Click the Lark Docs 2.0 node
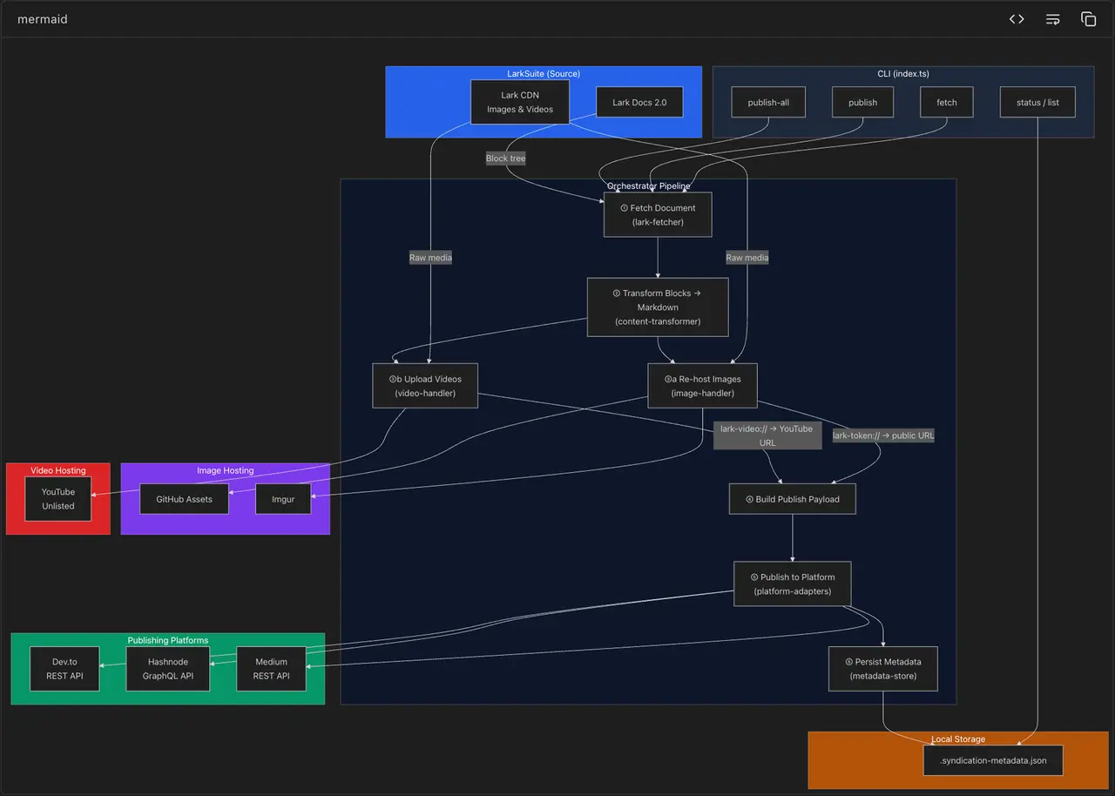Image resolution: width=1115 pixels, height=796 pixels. click(x=639, y=102)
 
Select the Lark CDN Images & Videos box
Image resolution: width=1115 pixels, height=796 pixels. click(x=519, y=102)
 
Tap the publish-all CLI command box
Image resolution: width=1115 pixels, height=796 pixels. click(x=768, y=102)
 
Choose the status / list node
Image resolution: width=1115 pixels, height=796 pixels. click(x=1037, y=102)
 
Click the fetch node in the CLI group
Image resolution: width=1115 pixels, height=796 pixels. click(x=946, y=102)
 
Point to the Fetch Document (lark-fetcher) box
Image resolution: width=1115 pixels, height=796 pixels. click(x=658, y=215)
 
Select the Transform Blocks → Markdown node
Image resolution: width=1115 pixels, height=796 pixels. click(x=658, y=307)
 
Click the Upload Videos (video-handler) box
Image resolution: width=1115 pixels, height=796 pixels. click(x=425, y=386)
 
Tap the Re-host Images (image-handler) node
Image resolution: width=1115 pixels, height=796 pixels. click(x=702, y=386)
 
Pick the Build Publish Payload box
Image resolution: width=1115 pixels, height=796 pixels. click(x=792, y=499)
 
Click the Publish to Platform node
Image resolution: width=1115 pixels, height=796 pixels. click(x=792, y=584)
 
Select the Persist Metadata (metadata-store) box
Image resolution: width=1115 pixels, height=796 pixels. click(x=883, y=669)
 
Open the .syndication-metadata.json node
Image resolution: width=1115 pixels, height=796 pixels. click(x=993, y=760)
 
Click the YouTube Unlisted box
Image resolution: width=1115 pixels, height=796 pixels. click(x=58, y=499)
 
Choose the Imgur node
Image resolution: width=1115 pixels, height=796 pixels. click(x=283, y=499)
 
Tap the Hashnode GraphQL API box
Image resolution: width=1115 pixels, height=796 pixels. click(x=168, y=669)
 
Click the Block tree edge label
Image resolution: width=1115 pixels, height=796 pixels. click(x=505, y=159)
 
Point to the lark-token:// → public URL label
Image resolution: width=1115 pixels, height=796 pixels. click(x=883, y=435)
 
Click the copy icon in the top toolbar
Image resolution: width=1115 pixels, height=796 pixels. click(x=1088, y=19)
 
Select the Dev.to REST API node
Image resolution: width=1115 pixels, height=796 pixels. click(x=64, y=669)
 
